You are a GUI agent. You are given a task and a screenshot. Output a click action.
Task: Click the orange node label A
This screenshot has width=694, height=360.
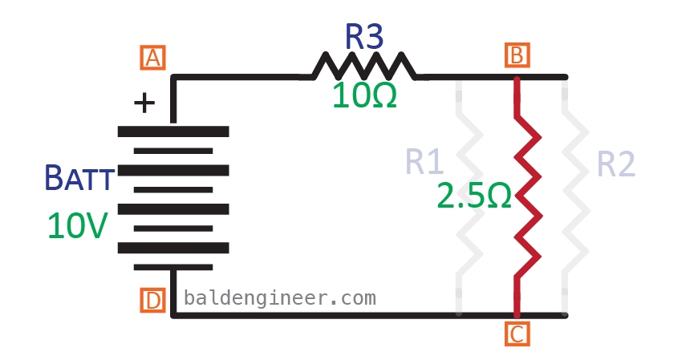point(152,58)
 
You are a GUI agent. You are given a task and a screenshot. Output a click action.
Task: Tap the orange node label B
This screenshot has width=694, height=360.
point(517,55)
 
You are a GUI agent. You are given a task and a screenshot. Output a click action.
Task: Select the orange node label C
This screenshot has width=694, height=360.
point(517,334)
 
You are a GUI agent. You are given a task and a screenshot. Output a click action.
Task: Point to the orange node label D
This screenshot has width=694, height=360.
point(152,301)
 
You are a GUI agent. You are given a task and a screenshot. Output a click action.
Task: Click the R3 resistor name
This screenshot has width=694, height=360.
point(363,37)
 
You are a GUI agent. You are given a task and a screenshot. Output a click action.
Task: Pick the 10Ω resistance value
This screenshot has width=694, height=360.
point(364,95)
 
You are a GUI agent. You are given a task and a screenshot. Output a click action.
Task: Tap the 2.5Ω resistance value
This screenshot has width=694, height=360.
point(474,196)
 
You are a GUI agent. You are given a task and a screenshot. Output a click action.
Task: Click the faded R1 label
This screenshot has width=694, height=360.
point(424,163)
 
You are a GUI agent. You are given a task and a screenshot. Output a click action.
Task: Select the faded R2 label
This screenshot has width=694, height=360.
point(615,164)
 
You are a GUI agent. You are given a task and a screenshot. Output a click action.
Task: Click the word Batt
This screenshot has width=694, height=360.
point(79,178)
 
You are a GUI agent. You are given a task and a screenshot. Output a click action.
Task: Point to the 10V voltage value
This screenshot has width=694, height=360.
point(78,226)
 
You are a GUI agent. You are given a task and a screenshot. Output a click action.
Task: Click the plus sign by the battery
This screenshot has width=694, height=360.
point(144,103)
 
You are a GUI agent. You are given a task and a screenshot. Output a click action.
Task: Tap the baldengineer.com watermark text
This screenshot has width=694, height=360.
point(280,297)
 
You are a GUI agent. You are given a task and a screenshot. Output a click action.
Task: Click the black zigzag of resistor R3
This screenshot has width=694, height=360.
point(363,66)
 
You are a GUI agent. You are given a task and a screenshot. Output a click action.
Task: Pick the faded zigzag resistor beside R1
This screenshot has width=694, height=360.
point(470,196)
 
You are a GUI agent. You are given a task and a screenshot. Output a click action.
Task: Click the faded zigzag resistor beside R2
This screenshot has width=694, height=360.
point(576,196)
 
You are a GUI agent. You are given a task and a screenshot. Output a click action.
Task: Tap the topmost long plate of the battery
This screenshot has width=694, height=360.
point(173,131)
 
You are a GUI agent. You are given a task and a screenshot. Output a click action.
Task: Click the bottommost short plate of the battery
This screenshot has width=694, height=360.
point(173,267)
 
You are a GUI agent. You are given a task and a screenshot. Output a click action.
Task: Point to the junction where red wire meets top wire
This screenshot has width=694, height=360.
point(517,78)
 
